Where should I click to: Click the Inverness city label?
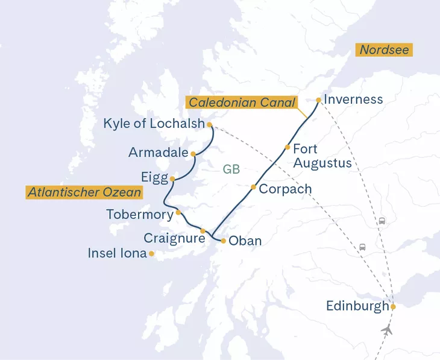point(353,99)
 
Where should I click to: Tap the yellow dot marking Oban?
point(224,241)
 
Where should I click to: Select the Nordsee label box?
point(385,50)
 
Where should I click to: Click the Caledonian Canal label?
point(242,103)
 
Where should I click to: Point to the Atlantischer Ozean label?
point(84,192)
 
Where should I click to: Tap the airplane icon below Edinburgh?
point(387,330)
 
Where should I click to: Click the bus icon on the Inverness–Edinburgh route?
point(382,221)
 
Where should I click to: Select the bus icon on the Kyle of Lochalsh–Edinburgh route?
point(362,247)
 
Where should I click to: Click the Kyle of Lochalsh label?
point(154,124)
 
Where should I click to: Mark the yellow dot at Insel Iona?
point(151,254)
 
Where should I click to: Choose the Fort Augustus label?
point(322,156)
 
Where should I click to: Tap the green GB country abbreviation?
point(231,169)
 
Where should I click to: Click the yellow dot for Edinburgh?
point(393,306)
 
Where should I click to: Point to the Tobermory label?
point(139,214)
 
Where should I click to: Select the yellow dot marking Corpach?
point(253,187)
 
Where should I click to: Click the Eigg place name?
point(155,178)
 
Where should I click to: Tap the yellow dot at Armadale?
point(193,154)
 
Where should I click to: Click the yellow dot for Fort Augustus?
point(288,147)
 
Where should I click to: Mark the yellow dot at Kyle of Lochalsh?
point(209,125)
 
